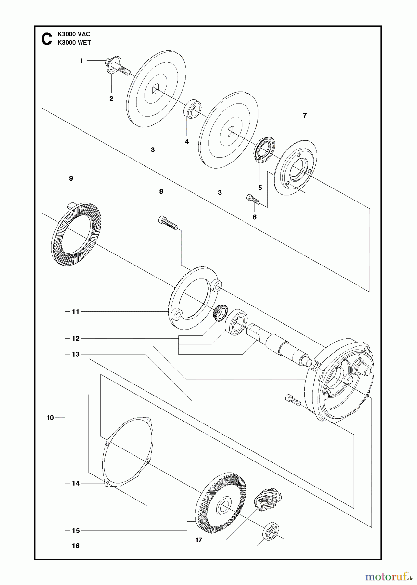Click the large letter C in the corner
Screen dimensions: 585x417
[x=47, y=39]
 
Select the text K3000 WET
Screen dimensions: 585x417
[x=74, y=43]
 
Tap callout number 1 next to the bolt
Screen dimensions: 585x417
[x=81, y=61]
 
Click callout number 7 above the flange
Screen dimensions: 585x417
[x=305, y=115]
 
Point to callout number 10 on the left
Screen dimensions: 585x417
[x=50, y=418]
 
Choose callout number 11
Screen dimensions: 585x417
[x=76, y=312]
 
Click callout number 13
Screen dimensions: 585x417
[x=76, y=354]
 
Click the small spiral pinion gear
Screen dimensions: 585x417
[x=268, y=499]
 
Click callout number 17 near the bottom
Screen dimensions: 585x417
[x=199, y=540]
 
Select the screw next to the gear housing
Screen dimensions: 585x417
[x=293, y=399]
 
